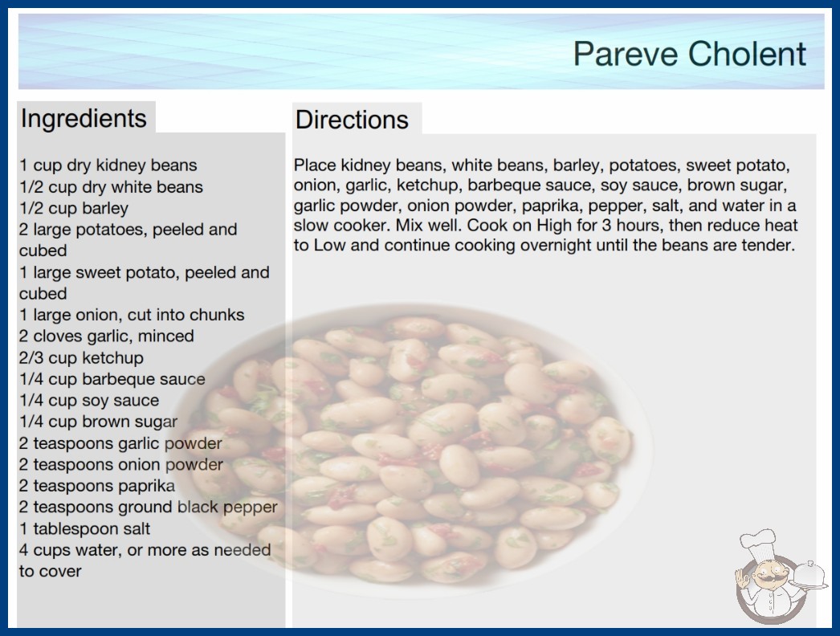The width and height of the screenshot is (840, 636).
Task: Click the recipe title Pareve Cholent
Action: (690, 54)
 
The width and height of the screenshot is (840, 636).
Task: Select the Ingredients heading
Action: (84, 118)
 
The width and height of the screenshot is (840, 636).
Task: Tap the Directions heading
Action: (352, 120)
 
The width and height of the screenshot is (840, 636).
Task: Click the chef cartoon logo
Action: (780, 577)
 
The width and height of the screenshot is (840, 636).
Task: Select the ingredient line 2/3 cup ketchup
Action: (81, 357)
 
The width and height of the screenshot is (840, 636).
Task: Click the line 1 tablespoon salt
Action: (84, 528)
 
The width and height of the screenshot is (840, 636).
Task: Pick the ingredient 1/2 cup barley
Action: (74, 208)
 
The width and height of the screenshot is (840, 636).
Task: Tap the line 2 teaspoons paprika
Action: (97, 486)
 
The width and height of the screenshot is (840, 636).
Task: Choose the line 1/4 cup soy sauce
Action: (89, 400)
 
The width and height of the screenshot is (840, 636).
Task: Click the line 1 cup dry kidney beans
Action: (108, 165)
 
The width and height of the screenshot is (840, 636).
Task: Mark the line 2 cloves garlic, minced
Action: (107, 336)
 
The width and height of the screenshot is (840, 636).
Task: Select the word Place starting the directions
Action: (315, 165)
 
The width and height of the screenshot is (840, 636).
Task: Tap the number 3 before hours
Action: (606, 225)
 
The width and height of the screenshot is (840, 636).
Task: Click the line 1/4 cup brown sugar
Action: (99, 422)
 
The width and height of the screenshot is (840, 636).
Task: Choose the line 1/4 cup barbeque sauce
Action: (112, 379)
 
